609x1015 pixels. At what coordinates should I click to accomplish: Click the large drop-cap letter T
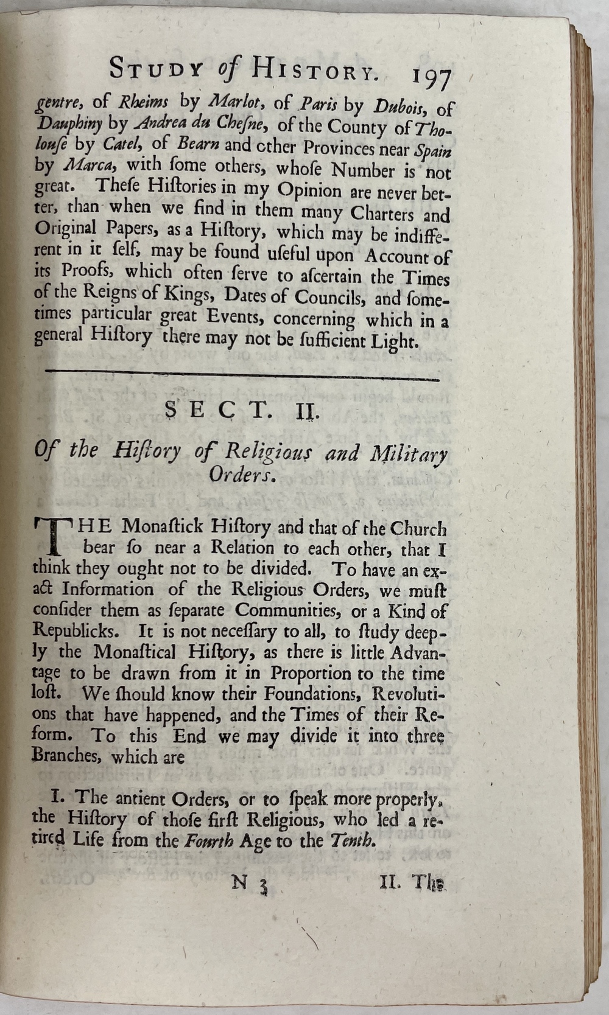coord(54,534)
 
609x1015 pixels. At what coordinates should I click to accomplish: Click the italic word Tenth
coord(350,841)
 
